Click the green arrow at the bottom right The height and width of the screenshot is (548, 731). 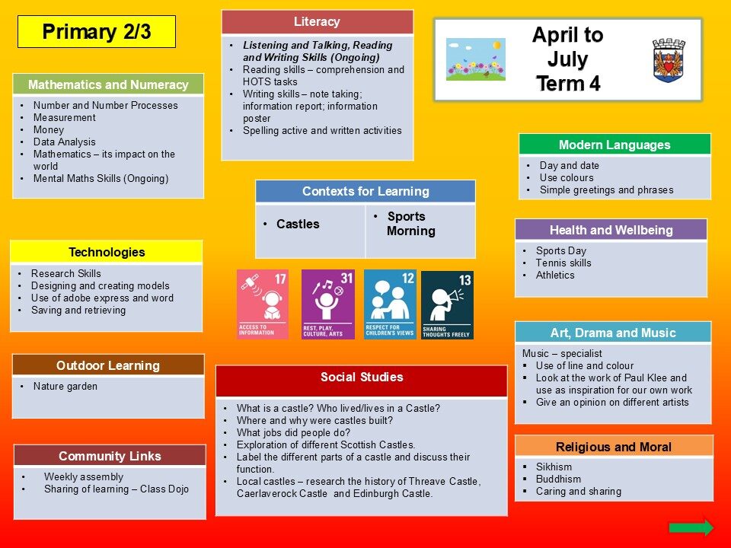coord(691,527)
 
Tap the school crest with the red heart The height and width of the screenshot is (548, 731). coord(669,61)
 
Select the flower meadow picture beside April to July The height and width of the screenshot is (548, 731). coord(475,59)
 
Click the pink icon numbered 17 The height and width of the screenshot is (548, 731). coord(263,304)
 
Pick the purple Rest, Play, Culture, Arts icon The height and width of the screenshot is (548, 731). coord(327,304)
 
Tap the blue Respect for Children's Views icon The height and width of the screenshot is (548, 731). coord(390,304)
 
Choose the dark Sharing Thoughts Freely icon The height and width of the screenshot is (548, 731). coord(447,305)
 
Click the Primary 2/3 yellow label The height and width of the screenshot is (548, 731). coord(97,32)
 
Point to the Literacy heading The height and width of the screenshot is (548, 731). coord(317,21)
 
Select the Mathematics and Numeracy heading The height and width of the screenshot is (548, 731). coord(108,84)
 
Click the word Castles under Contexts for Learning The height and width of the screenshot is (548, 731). coord(298,224)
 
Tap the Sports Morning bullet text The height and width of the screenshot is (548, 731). coord(410,224)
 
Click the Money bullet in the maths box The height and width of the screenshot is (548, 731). coord(49,129)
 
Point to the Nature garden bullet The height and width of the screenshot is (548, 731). coord(65,387)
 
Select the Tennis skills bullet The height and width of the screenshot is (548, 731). coord(563,263)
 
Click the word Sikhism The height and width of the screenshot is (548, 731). coord(554,467)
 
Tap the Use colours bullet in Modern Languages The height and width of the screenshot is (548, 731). coord(567,177)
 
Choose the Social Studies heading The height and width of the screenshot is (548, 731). coord(362,377)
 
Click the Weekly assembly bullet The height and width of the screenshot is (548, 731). coord(84,476)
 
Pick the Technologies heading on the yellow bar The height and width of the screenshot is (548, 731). coord(107,252)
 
